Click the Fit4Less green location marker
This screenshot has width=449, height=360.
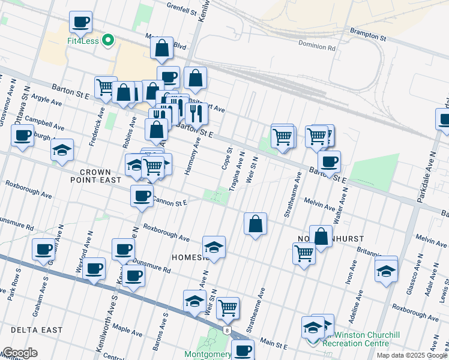point(108,41)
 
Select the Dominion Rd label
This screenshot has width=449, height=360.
point(317,45)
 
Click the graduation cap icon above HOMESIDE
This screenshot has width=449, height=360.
point(214,247)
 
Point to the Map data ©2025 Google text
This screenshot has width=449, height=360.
point(412,355)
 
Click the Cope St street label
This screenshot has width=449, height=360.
point(228,158)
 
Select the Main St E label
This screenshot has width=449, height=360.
point(274,343)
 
